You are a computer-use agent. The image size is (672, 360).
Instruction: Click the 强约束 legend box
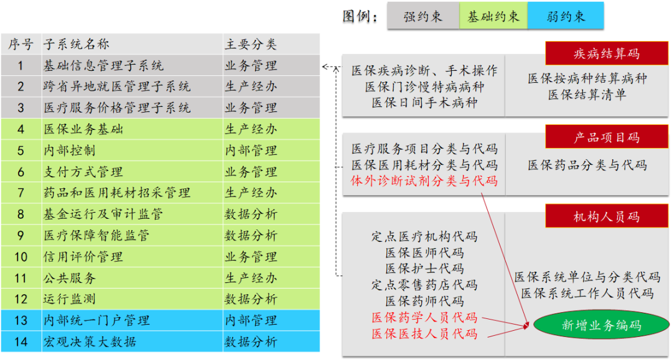click(423, 16)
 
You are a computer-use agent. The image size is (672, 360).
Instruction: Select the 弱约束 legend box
click(566, 16)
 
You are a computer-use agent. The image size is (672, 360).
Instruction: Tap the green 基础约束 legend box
click(493, 16)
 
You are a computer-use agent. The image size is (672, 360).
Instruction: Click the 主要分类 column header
click(251, 44)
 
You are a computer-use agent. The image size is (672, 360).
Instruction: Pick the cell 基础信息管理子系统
click(103, 65)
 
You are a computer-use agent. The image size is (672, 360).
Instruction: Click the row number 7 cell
click(21, 193)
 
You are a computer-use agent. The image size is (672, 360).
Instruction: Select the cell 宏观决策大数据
click(90, 341)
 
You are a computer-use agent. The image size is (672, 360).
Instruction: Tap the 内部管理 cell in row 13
click(251, 320)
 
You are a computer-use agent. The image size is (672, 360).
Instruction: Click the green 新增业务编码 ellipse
click(601, 325)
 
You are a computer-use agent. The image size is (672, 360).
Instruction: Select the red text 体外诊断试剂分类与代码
click(424, 181)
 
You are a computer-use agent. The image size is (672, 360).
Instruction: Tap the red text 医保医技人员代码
click(424, 333)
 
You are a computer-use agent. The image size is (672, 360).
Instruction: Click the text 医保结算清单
click(587, 95)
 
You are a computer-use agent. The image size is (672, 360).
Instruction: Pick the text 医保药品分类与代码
click(587, 165)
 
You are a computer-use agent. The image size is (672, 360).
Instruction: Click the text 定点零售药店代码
click(424, 285)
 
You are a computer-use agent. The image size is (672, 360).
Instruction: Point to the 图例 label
click(360, 17)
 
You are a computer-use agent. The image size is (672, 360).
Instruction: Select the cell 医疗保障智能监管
click(96, 235)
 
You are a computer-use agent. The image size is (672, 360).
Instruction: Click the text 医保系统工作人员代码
click(587, 293)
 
